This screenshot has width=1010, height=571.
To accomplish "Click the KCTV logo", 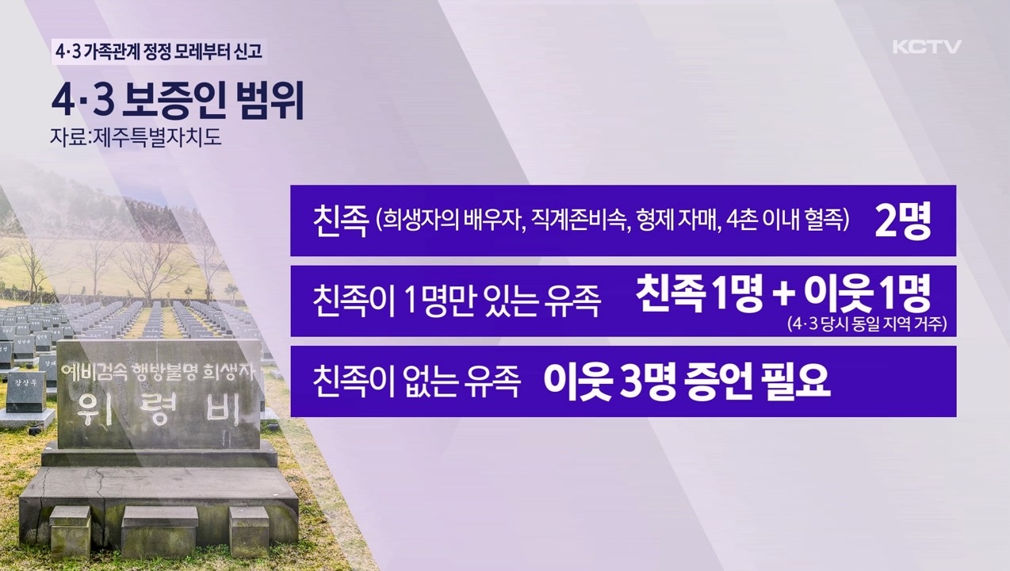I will click(x=926, y=47).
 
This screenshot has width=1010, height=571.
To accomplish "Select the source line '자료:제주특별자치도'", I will click(x=135, y=137).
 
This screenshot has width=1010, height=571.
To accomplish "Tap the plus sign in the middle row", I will click(x=782, y=297).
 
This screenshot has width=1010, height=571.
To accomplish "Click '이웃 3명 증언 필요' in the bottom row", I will click(x=687, y=381).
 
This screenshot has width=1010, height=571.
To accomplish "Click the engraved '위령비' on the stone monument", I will click(x=159, y=408).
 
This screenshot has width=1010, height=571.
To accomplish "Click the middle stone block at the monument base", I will click(x=159, y=530).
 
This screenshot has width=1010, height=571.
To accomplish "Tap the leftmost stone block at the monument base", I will click(x=71, y=530).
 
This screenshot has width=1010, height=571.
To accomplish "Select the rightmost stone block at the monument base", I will click(x=249, y=530).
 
